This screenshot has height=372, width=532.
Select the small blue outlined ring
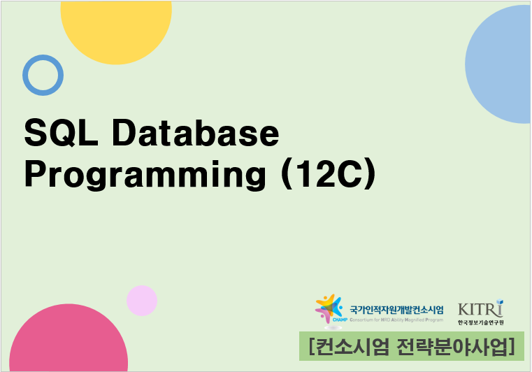click(43, 75)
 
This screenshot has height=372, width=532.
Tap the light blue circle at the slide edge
click(503, 66)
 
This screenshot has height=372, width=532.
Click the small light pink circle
click(142, 301)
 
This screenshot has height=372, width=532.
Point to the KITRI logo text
click(479, 309)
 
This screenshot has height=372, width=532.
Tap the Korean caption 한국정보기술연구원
click(481, 322)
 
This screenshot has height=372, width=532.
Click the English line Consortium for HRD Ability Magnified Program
click(396, 319)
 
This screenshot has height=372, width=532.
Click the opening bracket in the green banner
click(310, 345)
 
